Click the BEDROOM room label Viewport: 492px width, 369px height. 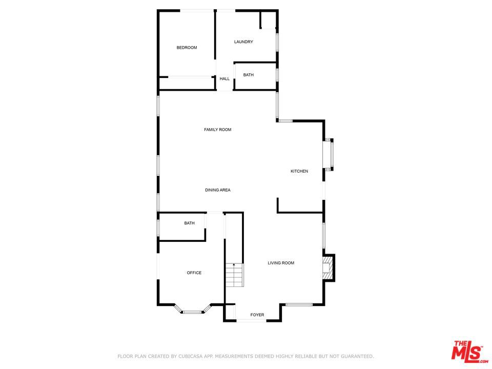point(187,48)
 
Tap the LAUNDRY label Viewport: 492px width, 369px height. point(243,42)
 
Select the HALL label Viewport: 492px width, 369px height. point(224,79)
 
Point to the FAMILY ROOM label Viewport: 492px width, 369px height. point(218,130)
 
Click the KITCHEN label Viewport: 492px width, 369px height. point(299,171)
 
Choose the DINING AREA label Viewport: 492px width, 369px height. point(218,190)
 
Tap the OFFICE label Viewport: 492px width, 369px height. point(194,273)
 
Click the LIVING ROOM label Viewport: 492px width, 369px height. point(281,263)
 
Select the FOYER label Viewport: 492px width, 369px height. point(257,315)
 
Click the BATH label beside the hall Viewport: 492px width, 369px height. point(249,75)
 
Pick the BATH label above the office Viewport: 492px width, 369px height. point(190,223)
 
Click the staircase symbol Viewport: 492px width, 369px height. point(234,275)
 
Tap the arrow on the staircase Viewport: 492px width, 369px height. point(234,265)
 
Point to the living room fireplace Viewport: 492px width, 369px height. point(327,268)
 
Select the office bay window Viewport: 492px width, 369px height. point(192,311)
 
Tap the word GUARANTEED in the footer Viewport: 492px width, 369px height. point(353,356)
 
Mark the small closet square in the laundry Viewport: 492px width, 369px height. point(268,19)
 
